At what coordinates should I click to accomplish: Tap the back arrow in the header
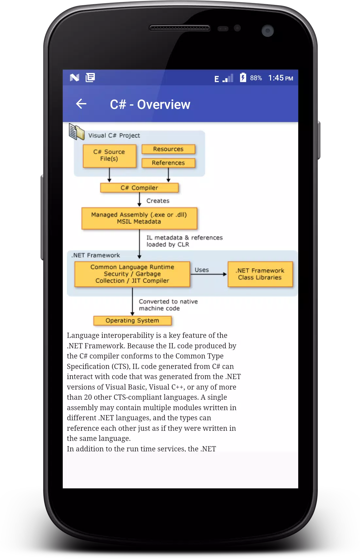81,104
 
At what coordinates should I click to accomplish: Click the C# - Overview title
150,104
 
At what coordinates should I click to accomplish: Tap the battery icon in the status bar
243,78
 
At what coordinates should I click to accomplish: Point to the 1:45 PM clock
281,78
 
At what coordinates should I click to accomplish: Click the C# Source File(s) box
110,156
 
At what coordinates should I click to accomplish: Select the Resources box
168,149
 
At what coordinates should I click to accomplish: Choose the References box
168,163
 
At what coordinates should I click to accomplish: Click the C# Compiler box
140,188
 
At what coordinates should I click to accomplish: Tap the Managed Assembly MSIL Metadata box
139,218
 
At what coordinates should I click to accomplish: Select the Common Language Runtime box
132,274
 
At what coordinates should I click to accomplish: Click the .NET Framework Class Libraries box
260,274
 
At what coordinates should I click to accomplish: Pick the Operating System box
132,321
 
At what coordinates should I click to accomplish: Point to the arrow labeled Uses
209,274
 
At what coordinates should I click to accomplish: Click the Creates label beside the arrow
158,201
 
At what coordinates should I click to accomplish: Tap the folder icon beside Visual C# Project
76,132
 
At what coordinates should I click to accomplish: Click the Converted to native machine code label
168,305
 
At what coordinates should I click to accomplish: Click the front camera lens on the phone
268,31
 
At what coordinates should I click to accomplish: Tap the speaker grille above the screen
180,28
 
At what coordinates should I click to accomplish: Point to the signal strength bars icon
228,78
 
